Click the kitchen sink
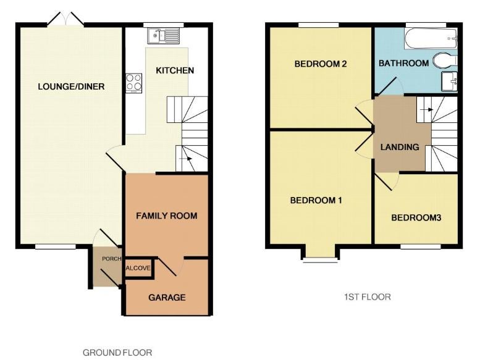tap(164, 35)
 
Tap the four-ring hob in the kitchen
tap(134, 83)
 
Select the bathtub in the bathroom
tap(431, 38)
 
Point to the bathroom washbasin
tap(449, 82)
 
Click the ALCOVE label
tap(138, 268)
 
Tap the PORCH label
tap(112, 259)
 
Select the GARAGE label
tap(167, 297)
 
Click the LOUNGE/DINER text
tap(71, 86)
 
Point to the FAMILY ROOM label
tap(167, 216)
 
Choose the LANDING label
tap(400, 147)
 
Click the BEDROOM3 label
tap(416, 218)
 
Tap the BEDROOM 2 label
tap(321, 64)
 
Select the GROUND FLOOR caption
tap(117, 353)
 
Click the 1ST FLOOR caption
tap(368, 296)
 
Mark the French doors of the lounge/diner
tap(65, 19)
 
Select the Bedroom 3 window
tap(421, 246)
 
